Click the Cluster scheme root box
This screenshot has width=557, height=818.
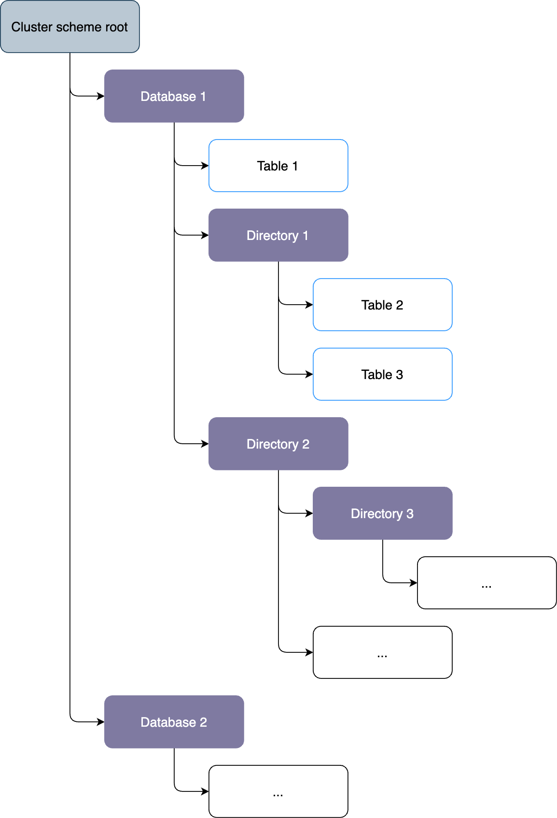[x=70, y=27]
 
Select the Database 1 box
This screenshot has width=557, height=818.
[x=174, y=96]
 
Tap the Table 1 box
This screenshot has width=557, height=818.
[x=278, y=166]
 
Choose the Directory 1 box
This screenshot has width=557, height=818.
[x=278, y=235]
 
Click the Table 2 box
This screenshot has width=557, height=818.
[x=382, y=305]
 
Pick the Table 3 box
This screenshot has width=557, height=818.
[x=382, y=374]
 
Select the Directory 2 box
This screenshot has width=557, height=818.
[x=278, y=444]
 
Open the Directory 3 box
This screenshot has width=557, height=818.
[x=382, y=513]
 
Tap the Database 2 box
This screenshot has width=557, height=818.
[x=174, y=722]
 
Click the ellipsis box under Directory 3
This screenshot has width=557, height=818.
[x=487, y=583]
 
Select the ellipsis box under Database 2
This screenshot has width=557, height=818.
[x=278, y=791]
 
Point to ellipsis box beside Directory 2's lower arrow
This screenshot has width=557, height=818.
[x=382, y=652]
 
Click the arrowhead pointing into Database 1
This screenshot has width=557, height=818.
[x=101, y=96]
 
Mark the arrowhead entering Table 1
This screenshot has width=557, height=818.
[x=205, y=166]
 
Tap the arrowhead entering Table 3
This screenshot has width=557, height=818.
[x=309, y=374]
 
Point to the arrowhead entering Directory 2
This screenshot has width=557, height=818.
[x=205, y=444]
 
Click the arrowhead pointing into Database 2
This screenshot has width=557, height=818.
[x=101, y=722]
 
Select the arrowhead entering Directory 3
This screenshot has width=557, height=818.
[x=309, y=513]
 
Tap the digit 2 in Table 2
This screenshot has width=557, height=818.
[x=399, y=305]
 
